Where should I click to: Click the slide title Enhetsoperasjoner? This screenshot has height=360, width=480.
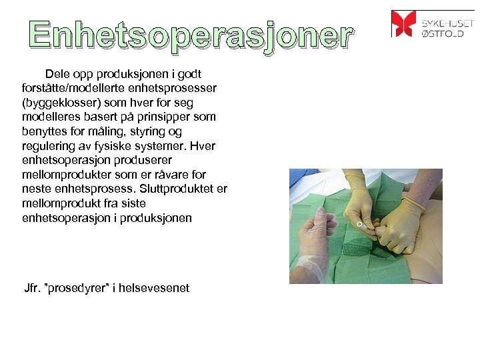190,36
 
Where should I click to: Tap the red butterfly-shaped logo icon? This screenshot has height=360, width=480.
403,23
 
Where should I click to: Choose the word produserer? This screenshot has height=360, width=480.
140,160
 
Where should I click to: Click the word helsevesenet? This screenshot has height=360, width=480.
156,288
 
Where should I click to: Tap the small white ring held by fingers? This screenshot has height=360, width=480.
359,225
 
